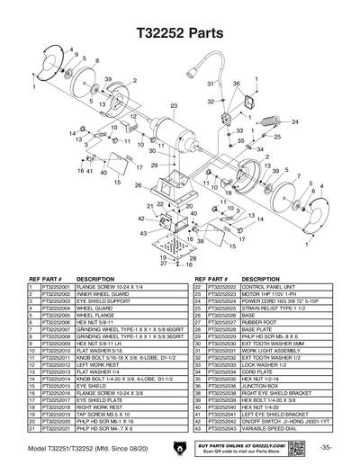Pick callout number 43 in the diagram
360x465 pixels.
(141, 219)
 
